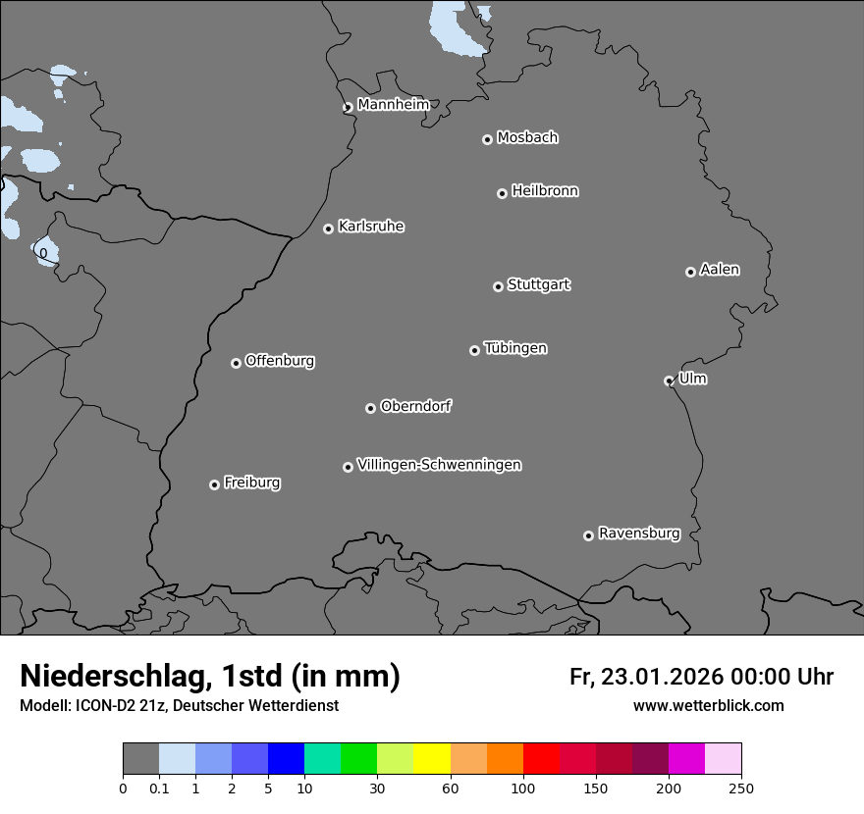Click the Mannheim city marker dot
tap(348, 108)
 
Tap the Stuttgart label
tap(538, 285)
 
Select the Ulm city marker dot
tap(669, 381)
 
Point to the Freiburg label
tap(251, 483)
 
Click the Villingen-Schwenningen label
tap(439, 465)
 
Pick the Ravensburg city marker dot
tap(588, 535)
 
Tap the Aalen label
tap(720, 270)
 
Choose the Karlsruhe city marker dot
tap(328, 229)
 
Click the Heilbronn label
tap(545, 191)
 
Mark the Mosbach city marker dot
tap(487, 140)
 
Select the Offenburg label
tap(280, 361)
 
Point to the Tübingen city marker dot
tap(474, 350)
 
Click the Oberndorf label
tap(415, 406)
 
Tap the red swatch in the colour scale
tap(541, 759)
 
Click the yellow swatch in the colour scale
tap(432, 759)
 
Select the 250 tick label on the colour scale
tap(741, 788)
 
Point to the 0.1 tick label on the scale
tap(159, 788)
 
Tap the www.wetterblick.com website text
tap(709, 705)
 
